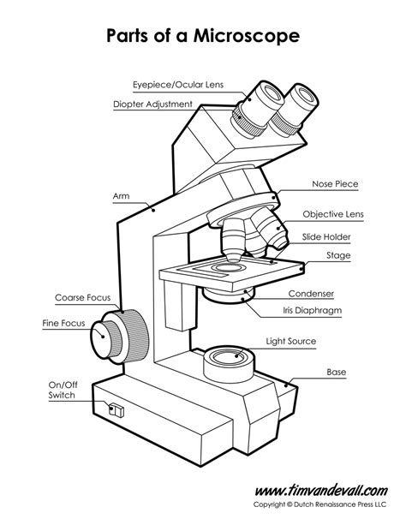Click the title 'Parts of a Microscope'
pyautogui.click(x=202, y=37)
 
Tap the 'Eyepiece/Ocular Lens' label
pyautogui.click(x=176, y=85)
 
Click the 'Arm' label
pyautogui.click(x=120, y=196)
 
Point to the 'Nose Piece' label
pyautogui.click(x=334, y=183)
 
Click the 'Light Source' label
pyautogui.click(x=291, y=341)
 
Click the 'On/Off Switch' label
pyautogui.click(x=63, y=391)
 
